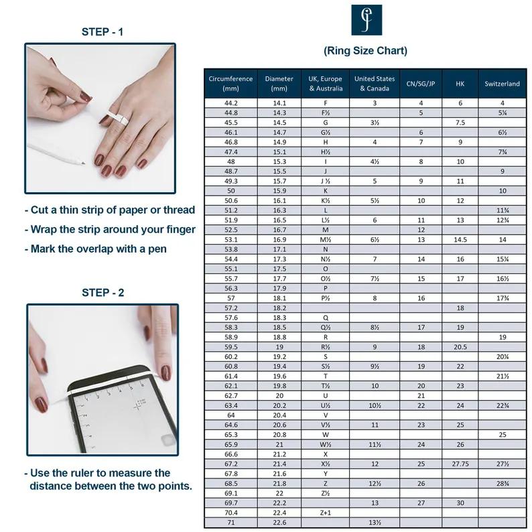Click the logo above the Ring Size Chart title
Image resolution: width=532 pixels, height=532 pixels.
(367, 20)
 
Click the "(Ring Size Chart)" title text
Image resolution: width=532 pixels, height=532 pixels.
(365, 51)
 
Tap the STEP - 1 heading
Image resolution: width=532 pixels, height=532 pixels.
(103, 31)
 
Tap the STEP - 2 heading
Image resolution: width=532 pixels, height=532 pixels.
(103, 292)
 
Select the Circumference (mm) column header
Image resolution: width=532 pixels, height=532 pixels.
(230, 84)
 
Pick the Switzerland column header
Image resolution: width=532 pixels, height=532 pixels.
(502, 84)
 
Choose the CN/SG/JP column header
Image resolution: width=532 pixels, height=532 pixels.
(421, 84)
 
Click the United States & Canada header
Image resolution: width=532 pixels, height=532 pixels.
(375, 84)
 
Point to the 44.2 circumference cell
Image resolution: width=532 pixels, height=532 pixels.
(230, 103)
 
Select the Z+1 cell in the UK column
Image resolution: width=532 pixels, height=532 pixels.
(326, 513)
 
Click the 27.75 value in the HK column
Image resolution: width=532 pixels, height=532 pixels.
(460, 464)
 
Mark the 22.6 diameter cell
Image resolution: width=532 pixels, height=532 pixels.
(279, 523)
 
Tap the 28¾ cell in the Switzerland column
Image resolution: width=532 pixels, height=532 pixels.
(502, 483)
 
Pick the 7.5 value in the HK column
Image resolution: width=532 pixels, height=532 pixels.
(460, 123)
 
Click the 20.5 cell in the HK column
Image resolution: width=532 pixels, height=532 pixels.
(460, 347)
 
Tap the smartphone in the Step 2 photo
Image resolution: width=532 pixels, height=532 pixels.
(121, 409)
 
